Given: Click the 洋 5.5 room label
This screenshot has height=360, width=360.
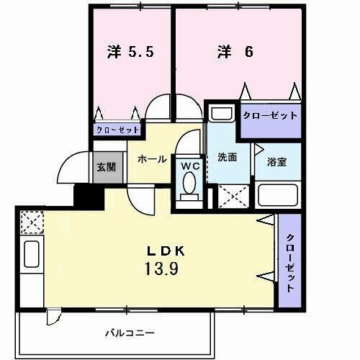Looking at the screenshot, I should point(130,53).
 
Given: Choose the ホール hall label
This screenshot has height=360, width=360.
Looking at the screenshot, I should point(153,159).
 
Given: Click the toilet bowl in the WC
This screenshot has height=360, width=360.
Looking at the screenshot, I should point(189,185).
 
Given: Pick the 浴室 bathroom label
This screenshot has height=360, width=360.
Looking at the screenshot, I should point(277,162).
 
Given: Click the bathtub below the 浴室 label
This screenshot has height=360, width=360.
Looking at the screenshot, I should point(277,195).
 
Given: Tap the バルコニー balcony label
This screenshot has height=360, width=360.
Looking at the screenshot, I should point(129,333).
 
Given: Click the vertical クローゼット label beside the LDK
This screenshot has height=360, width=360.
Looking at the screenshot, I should point(290,263).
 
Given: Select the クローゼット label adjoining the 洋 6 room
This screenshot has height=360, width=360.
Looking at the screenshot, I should point(270,115).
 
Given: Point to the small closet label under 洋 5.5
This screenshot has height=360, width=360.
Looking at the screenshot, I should point(118,130).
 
